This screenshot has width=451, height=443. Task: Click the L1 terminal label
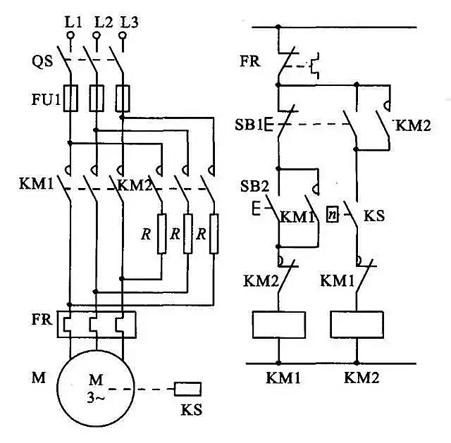coord(73,22)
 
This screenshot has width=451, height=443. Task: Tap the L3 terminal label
coord(129,22)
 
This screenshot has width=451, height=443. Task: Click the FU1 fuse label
coord(44,94)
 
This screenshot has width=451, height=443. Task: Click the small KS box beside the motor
coord(188,388)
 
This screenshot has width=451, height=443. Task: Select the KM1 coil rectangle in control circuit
coord(278,323)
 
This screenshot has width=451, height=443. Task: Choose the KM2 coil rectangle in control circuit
coord(357,323)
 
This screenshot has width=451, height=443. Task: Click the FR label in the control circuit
coord(250,61)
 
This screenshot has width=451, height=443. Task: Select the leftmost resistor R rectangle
coord(161,232)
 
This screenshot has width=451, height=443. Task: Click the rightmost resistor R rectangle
coord(214,232)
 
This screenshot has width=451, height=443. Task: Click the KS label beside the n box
coord(373,214)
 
